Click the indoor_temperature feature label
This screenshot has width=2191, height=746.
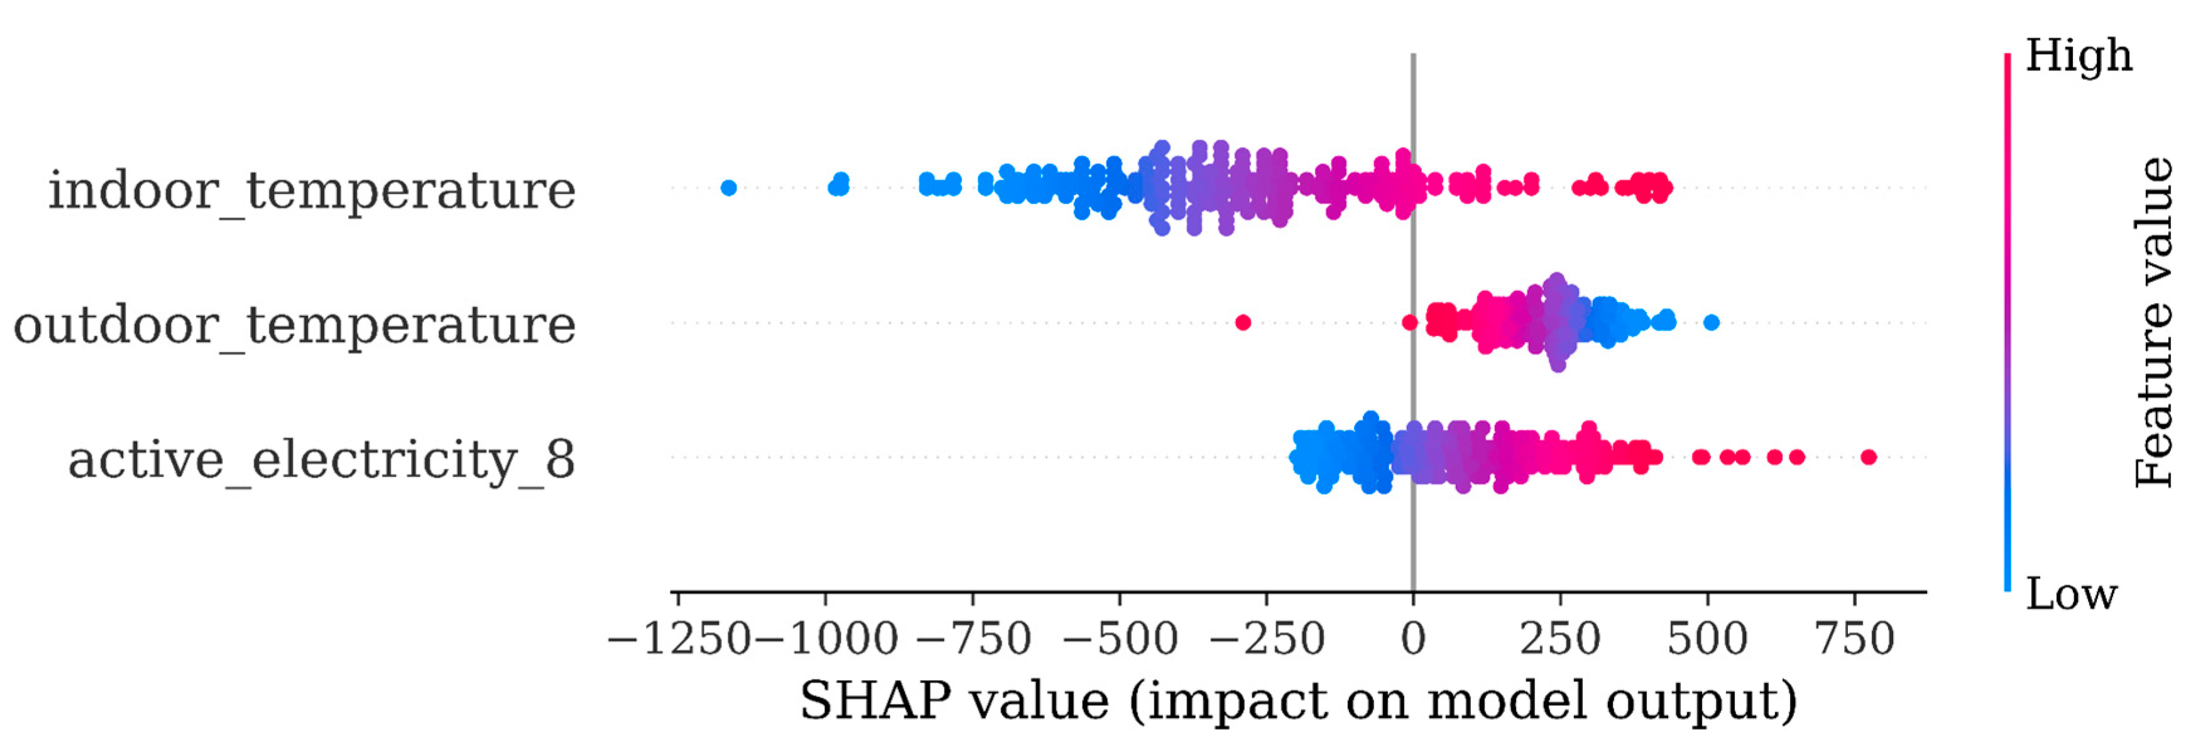coord(311,190)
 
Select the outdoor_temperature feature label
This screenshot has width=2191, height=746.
coord(294,325)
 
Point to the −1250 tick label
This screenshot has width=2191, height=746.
coord(679,639)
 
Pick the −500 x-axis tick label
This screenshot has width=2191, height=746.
coord(1121,639)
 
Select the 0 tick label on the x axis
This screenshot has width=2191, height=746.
coord(1412,639)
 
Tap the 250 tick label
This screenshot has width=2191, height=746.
coord(1561,639)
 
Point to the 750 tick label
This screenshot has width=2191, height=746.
coord(1855,639)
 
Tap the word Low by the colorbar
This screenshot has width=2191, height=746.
coord(2071,594)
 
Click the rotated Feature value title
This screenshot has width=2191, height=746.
coord(2153,322)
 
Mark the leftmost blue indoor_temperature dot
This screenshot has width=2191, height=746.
coord(728,188)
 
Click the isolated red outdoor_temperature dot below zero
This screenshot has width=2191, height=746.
coord(1243,322)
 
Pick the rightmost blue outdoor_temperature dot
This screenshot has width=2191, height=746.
coord(1712,322)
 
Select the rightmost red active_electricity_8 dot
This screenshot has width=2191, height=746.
coord(1869,458)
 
